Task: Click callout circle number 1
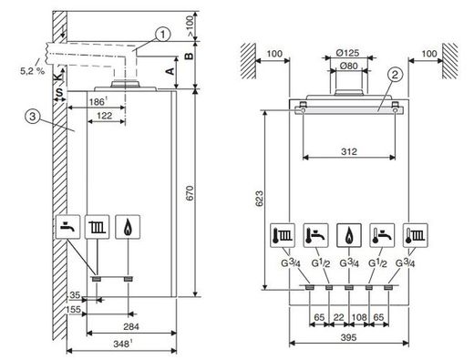[x=163, y=35]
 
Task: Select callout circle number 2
[x=395, y=75]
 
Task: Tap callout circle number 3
[x=33, y=117]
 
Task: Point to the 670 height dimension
[x=190, y=193]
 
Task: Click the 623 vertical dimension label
[x=259, y=199]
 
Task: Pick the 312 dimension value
[x=349, y=151]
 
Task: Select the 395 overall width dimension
[x=348, y=337]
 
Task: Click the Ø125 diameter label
[x=348, y=53]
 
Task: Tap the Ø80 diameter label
[x=349, y=66]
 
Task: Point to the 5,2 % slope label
[x=32, y=71]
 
